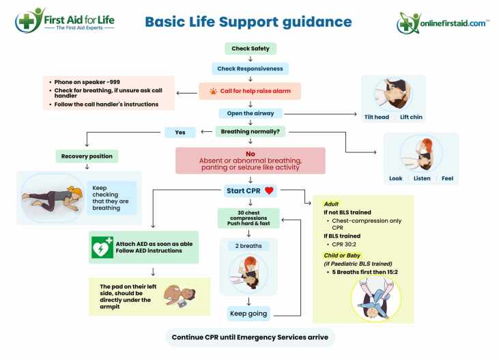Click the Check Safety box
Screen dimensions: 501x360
pos(250,49)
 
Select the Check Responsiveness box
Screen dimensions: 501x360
pos(250,68)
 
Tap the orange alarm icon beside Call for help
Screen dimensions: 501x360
pos(213,91)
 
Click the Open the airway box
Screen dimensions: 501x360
pos(250,113)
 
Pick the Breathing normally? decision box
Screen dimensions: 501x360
pos(250,131)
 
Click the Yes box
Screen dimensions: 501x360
pos(180,133)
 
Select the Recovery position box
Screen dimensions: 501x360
pos(87,156)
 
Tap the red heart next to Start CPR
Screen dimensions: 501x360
pos(270,191)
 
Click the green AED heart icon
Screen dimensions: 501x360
pos(102,247)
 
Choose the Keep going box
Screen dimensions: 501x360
pos(248,314)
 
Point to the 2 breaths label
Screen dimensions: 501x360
pos(248,246)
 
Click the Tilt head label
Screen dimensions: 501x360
pos(377,117)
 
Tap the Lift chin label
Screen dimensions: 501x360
pos(411,117)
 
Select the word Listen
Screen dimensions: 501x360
pos(422,178)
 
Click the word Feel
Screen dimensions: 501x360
pos(447,178)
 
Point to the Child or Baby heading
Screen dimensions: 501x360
pos(342,255)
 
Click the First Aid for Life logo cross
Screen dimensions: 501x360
pos(26,22)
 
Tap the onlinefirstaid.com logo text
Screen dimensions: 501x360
pos(453,23)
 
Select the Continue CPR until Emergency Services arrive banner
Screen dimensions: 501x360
pos(250,337)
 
